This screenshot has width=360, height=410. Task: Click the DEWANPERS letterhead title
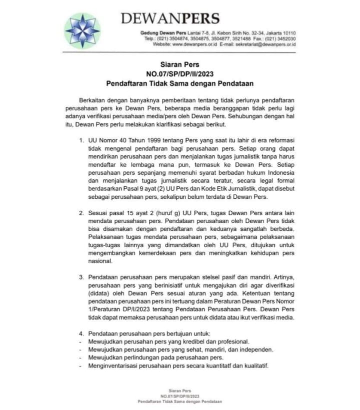point(170,18)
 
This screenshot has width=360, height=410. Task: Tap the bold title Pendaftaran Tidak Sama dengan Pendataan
point(179,83)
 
